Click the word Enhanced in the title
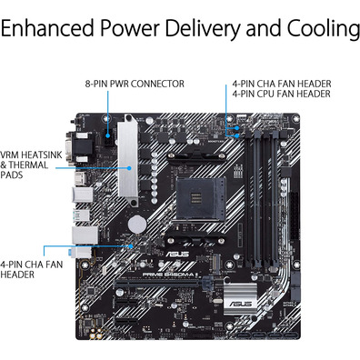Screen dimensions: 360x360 click(x=47, y=28)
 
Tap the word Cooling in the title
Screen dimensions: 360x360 click(x=324, y=29)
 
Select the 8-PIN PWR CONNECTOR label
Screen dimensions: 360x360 click(x=135, y=84)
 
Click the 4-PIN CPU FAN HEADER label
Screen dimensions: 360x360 click(x=282, y=94)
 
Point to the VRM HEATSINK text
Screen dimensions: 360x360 click(x=31, y=155)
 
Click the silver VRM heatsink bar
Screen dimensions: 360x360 click(x=128, y=160)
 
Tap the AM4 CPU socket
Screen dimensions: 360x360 click(x=201, y=198)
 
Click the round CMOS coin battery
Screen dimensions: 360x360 click(x=137, y=225)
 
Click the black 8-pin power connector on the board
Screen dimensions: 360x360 click(x=108, y=137)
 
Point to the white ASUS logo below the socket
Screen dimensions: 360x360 click(x=177, y=254)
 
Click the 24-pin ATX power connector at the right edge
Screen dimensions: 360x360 click(x=294, y=215)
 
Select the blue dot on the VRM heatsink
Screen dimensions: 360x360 click(x=129, y=167)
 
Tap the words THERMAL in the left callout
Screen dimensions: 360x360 click(x=28, y=165)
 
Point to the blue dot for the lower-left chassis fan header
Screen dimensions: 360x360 click(x=131, y=246)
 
